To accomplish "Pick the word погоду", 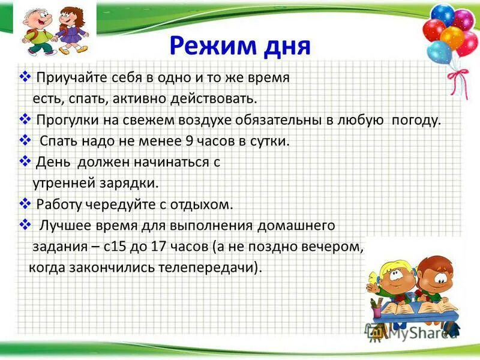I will (x=416, y=119).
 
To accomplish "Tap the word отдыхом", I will (x=203, y=204).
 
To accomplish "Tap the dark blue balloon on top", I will (x=443, y=14).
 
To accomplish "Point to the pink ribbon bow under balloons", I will (x=459, y=77).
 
